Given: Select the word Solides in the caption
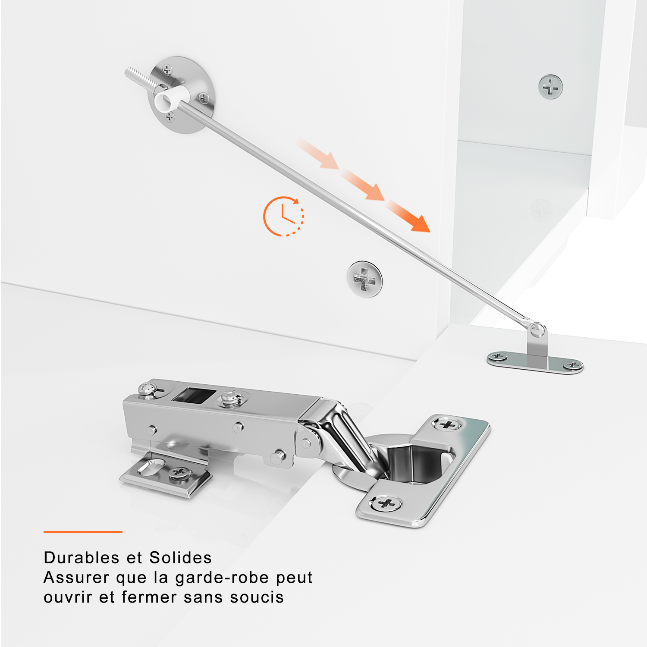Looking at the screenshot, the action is [180, 558].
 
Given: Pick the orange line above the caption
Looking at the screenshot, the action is [83, 532].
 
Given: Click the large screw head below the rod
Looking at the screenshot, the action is [365, 279].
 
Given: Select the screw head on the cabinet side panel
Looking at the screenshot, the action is [550, 87].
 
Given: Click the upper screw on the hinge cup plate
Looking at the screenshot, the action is [447, 424].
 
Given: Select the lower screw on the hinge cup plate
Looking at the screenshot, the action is [386, 503].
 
